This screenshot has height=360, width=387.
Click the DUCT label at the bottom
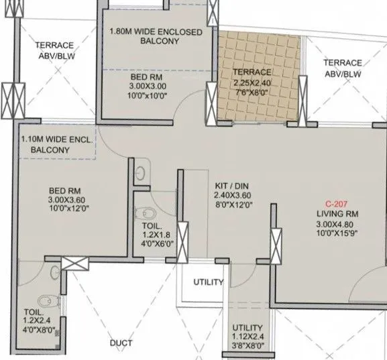coord(121,344)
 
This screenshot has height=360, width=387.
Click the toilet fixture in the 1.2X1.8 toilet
coord(143,213)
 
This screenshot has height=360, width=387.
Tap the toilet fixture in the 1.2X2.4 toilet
coord(44,300)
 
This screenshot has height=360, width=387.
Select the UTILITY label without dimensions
coord(208,282)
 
